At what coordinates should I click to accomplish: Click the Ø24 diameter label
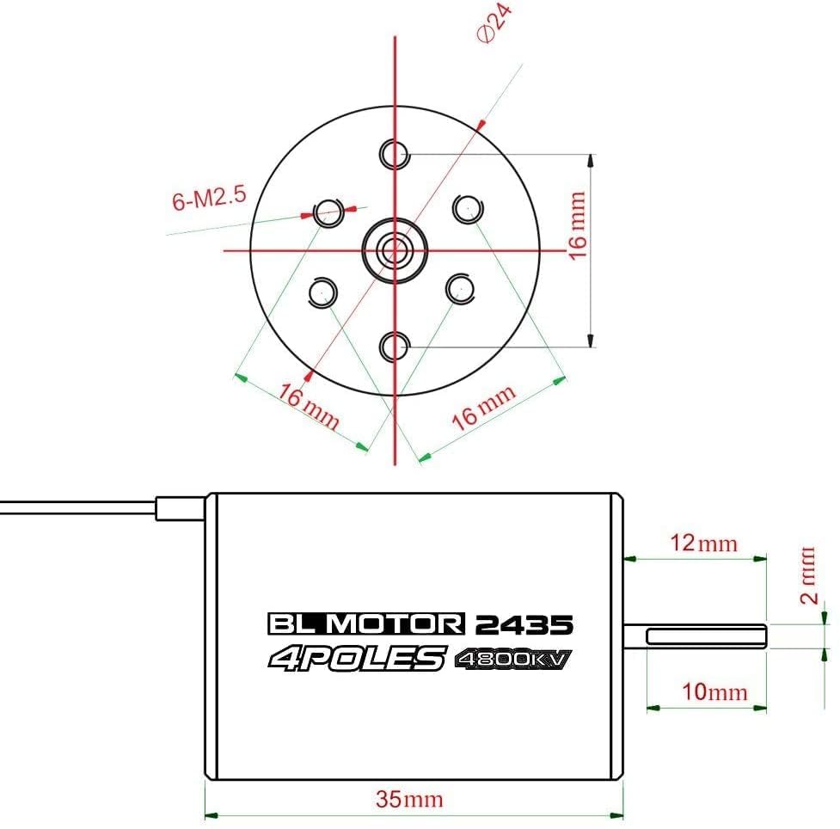tap(494, 24)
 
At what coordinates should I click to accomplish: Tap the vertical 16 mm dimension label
tap(578, 225)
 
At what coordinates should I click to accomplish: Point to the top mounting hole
tap(395, 154)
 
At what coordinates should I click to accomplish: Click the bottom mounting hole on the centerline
tap(395, 347)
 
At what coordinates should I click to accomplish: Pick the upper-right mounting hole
tap(469, 209)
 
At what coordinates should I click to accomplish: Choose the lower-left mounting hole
tap(322, 292)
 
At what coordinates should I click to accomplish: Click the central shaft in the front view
tap(395, 249)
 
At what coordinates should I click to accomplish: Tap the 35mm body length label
tap(410, 799)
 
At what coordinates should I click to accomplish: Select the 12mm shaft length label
tap(704, 543)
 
